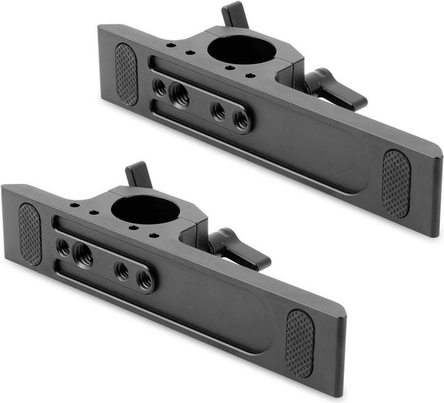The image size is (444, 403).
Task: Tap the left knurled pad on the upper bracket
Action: pos(126,73)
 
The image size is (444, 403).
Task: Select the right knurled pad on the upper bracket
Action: pos(395,183)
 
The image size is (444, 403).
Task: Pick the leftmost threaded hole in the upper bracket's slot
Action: pos(160,88)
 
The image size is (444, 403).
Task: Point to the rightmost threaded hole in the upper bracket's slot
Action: pos(242,120)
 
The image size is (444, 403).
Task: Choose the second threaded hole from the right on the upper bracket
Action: pos(218,111)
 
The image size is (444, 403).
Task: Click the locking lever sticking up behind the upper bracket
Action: pos(234,14)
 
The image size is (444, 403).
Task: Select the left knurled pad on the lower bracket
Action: pos(30,234)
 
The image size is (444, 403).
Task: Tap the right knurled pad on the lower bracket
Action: pos(300,343)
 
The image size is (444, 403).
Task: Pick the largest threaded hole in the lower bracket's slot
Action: pos(83,254)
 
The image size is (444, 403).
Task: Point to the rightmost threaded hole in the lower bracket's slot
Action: pos(146,280)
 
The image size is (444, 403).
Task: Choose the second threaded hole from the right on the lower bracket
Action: pos(122,271)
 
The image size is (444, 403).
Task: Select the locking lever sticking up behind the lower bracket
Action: pos(138,174)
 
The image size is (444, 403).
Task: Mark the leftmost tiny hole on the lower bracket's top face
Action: pos(73,206)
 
